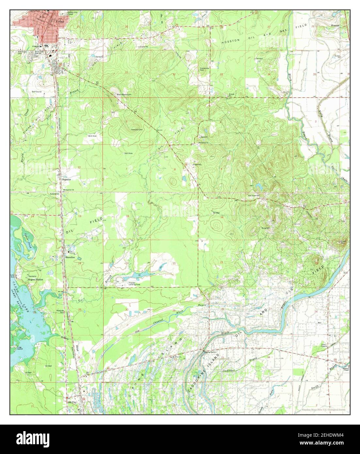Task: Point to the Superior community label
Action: [67, 180]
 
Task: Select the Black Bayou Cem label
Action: [124, 94]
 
